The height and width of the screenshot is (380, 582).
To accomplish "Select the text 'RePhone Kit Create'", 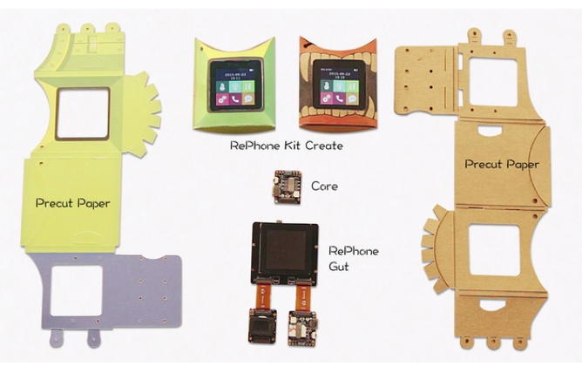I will [286, 146].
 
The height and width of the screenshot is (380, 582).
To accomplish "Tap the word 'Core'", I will [323, 187].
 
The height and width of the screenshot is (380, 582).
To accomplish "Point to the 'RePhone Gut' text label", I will [353, 258].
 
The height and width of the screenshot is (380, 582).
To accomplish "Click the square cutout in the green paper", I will [83, 112].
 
